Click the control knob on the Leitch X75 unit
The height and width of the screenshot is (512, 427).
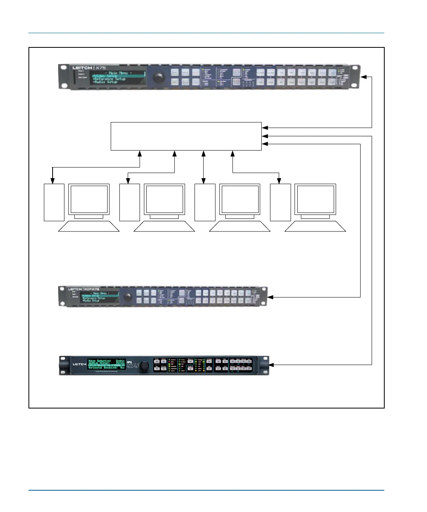pyautogui.click(x=159, y=77)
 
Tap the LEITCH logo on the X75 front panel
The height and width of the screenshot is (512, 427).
pyautogui.click(x=82, y=68)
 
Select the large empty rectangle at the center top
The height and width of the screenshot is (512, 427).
pyautogui.click(x=186, y=136)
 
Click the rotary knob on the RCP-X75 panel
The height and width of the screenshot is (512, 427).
pyautogui.click(x=128, y=297)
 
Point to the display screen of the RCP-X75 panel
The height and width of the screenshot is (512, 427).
pyautogui.click(x=100, y=297)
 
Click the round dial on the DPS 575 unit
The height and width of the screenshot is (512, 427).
pyautogui.click(x=145, y=366)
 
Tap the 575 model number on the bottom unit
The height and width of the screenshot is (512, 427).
pyautogui.click(x=133, y=365)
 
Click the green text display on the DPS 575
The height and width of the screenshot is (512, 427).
pyautogui.click(x=106, y=364)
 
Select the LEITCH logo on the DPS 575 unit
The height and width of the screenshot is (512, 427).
pyautogui.click(x=79, y=364)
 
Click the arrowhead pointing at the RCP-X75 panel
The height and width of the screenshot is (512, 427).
pyautogui.click(x=270, y=297)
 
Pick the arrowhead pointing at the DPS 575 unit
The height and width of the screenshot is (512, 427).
pyautogui.click(x=271, y=365)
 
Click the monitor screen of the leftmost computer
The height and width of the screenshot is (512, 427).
pyautogui.click(x=89, y=199)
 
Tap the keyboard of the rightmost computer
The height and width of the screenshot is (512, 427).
pyautogui.click(x=315, y=226)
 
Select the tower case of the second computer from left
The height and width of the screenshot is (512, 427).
pyautogui.click(x=130, y=202)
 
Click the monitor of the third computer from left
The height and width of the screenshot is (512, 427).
pyautogui.click(x=240, y=199)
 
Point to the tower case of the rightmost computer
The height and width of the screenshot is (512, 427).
pyautogui.click(x=280, y=202)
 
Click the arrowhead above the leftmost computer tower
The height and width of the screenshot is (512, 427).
pyautogui.click(x=53, y=181)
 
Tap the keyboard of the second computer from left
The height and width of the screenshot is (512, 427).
pyautogui.click(x=164, y=226)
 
